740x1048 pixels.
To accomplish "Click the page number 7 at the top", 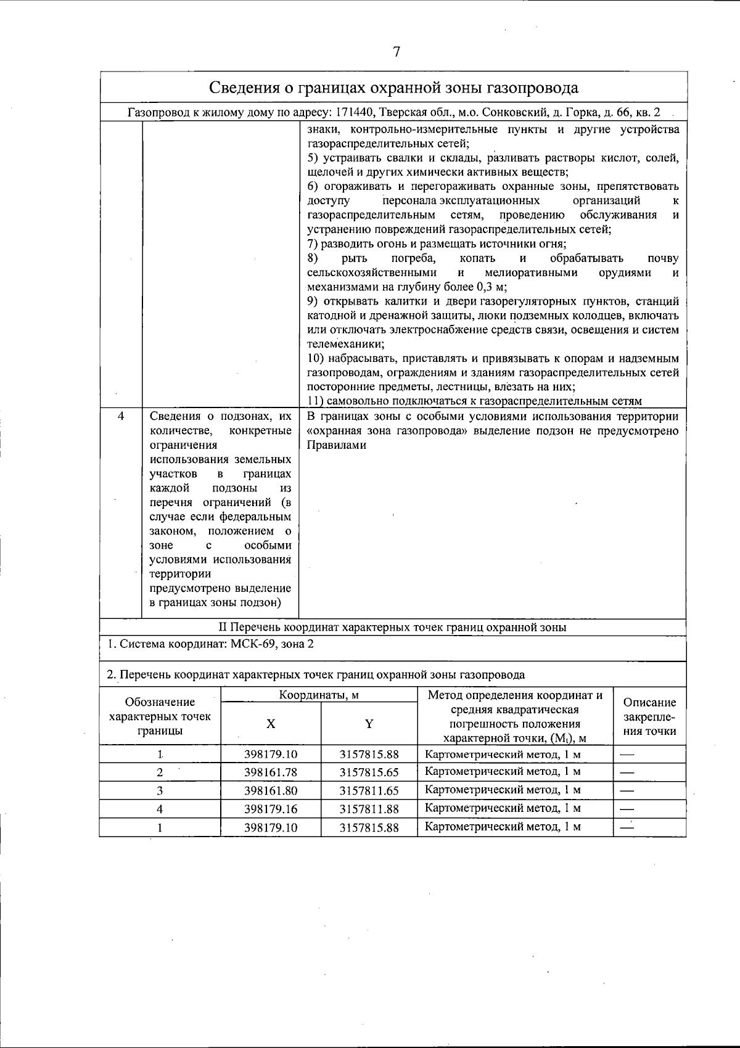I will tap(397, 52).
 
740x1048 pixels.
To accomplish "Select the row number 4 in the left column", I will tap(121, 416).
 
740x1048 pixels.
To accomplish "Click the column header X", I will tap(270, 724).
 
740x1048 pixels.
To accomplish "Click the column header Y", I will tap(369, 724).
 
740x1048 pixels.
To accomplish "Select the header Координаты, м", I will tap(319, 695).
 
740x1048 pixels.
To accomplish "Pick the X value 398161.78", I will tap(271, 772).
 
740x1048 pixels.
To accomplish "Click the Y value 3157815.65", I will tap(369, 772).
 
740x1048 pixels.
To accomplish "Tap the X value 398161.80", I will tap(271, 790).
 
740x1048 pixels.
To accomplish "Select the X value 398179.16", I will tap(271, 809).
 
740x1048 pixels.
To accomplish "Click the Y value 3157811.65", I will tap(369, 790).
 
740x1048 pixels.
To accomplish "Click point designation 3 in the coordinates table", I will tap(160, 790).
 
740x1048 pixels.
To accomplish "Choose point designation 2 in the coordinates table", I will tap(160, 772).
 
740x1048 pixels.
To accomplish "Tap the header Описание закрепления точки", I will tap(649, 717).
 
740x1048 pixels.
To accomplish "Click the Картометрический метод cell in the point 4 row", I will tap(503, 808).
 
